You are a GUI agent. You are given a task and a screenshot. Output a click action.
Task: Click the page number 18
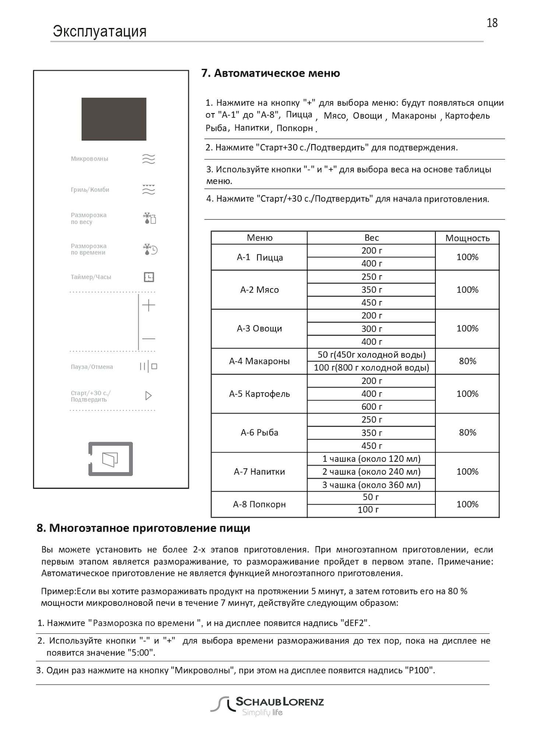point(492,23)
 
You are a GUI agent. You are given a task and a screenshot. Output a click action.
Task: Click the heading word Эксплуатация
point(99,31)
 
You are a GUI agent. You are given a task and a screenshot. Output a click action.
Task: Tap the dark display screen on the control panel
point(114,119)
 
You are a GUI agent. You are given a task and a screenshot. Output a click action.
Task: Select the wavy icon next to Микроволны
point(148,159)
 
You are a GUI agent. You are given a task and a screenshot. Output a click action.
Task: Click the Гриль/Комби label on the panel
point(90,190)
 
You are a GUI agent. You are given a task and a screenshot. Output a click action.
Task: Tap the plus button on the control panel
point(148,305)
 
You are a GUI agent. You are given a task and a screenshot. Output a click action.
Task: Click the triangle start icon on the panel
point(148,396)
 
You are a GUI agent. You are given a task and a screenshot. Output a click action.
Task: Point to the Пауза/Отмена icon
point(148,367)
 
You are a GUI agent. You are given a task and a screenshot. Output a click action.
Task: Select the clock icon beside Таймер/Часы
point(149,277)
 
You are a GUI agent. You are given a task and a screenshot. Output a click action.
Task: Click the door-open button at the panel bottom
point(111,459)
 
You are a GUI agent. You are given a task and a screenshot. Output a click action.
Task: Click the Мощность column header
point(467,238)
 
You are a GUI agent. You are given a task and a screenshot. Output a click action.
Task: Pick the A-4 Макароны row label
point(259,361)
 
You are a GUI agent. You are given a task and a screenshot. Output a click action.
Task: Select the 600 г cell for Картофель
point(371,406)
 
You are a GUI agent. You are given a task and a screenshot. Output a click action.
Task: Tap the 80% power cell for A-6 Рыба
point(467,433)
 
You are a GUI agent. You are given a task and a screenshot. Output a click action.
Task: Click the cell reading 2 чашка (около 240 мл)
point(371,472)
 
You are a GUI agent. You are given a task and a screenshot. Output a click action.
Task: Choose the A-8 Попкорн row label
point(259,504)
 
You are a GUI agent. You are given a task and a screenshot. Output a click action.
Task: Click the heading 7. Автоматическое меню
point(271,73)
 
